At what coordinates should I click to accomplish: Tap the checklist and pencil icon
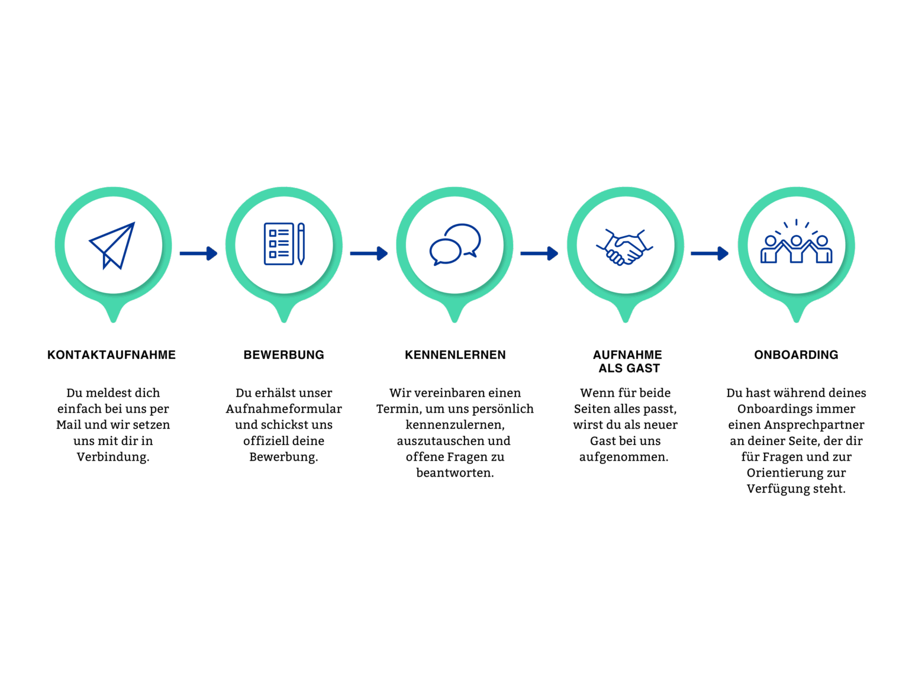tap(283, 244)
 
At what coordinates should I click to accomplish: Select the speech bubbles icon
tap(454, 245)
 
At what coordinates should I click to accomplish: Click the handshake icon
tap(624, 247)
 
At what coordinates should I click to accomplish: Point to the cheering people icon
tap(795, 242)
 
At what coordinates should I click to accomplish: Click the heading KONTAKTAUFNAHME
tap(111, 355)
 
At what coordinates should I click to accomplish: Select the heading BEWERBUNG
tap(283, 355)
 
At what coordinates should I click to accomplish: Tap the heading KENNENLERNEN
tap(455, 355)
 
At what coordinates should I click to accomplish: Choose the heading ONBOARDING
tap(796, 355)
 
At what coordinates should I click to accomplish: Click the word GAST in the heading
tap(643, 368)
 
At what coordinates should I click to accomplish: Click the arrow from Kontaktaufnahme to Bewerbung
tap(198, 253)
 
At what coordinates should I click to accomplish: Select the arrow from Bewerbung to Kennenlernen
tap(369, 253)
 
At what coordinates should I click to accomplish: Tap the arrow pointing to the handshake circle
tap(539, 253)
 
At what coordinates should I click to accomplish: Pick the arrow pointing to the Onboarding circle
tap(710, 253)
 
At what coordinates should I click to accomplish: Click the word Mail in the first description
tap(68, 425)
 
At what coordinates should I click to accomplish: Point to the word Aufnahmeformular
tap(283, 408)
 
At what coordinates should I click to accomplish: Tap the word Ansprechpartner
tap(814, 425)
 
